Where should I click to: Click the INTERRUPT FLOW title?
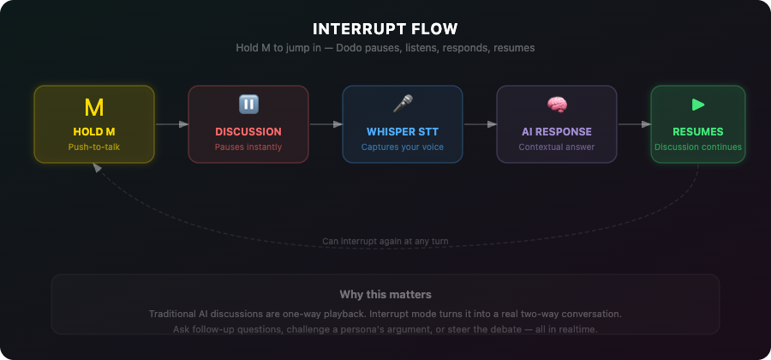click(x=385, y=29)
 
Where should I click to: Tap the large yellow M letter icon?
click(x=94, y=107)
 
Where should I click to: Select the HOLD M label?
click(x=94, y=132)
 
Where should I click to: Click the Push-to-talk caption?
click(x=94, y=147)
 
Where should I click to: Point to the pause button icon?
click(x=248, y=105)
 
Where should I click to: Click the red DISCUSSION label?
click(x=248, y=132)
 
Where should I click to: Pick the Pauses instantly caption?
click(x=248, y=147)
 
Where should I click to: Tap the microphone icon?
click(x=403, y=105)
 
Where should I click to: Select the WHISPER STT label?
click(x=403, y=132)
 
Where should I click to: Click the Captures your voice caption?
click(x=403, y=147)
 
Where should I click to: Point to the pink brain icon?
click(x=557, y=105)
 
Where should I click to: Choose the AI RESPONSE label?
click(x=557, y=132)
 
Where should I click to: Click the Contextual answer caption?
click(x=557, y=147)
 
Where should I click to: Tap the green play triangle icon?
click(x=698, y=105)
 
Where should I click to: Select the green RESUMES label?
click(x=698, y=132)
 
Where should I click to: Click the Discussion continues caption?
click(x=698, y=147)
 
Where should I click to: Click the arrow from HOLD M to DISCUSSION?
click(x=171, y=124)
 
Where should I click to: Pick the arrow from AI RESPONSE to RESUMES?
click(x=634, y=124)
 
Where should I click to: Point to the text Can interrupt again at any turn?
click(x=385, y=241)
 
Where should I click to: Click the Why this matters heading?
click(x=385, y=295)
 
